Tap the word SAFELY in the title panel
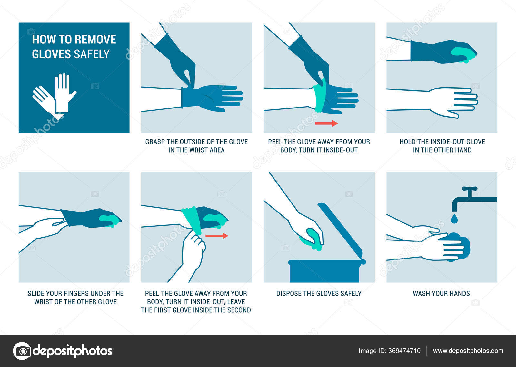click(x=92, y=54)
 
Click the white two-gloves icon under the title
click(x=55, y=96)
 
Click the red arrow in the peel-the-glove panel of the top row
click(x=326, y=123)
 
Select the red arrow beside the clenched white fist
click(x=217, y=236)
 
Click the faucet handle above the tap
click(x=470, y=189)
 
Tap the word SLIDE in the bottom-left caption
click(x=36, y=293)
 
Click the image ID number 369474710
click(x=404, y=351)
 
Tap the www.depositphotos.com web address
click(x=468, y=351)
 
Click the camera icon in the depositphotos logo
click(x=22, y=351)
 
